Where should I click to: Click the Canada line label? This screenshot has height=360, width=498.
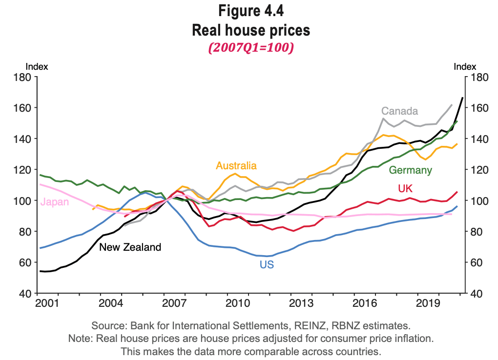pos(399,111)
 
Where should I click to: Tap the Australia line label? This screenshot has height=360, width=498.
pos(236,166)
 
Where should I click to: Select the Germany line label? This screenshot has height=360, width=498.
pos(410,170)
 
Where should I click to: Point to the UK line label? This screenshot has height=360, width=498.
pos(406,189)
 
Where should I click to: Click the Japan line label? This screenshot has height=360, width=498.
pos(55,202)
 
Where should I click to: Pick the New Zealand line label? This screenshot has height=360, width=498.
pos(130,247)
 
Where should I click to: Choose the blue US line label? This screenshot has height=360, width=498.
pos(267,265)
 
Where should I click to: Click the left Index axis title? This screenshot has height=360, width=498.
pos(37,67)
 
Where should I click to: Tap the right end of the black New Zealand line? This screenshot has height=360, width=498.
pos(462,98)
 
